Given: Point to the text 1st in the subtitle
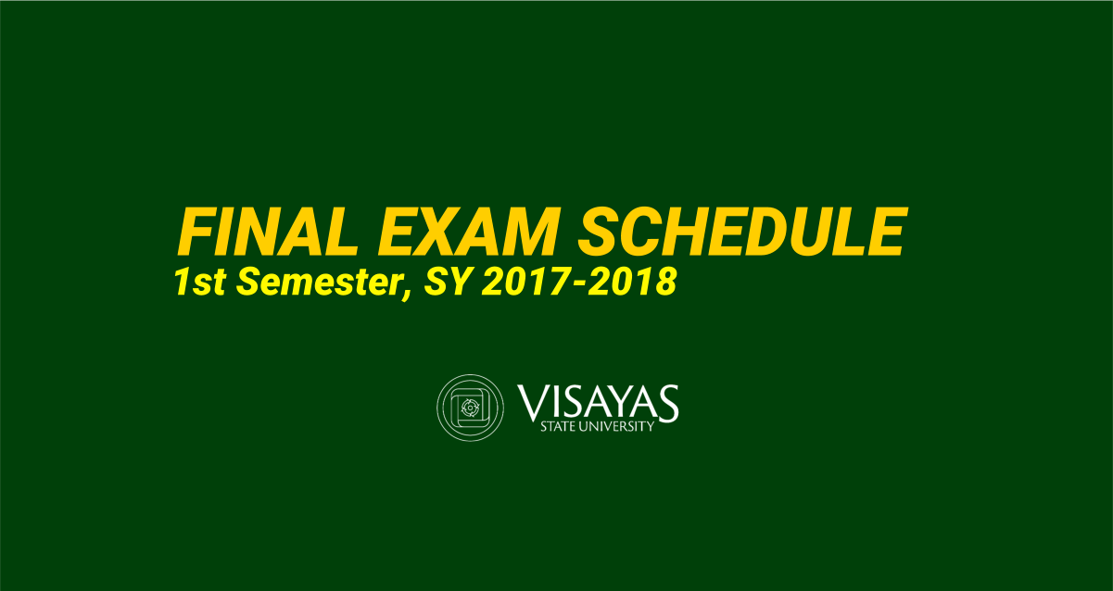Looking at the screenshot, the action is click(x=200, y=282).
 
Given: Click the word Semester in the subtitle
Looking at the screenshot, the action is click(x=319, y=282).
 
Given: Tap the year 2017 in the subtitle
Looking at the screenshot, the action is click(x=525, y=282).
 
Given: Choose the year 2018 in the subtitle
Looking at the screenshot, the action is click(x=633, y=282).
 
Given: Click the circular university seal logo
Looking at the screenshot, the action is click(x=470, y=408).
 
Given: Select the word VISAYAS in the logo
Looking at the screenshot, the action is click(x=598, y=402).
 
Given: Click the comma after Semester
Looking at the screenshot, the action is click(x=408, y=293).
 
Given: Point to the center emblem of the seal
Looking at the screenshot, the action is click(x=470, y=409).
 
